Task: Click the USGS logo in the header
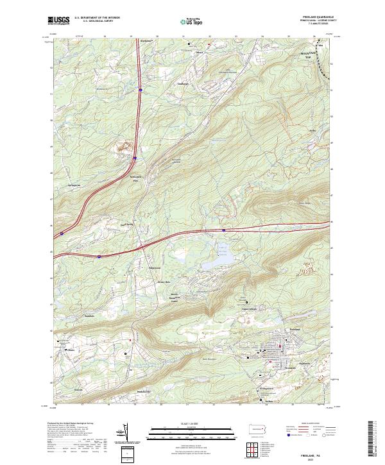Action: click(58, 21)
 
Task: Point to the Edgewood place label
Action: click(155, 267)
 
